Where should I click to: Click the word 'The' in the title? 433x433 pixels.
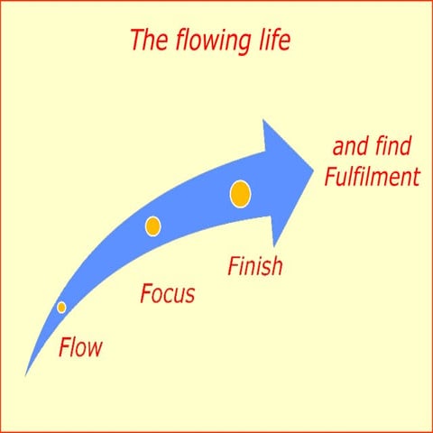coord(149,40)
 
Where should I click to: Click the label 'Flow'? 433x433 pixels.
coord(80,347)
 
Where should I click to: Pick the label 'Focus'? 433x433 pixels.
coord(168,293)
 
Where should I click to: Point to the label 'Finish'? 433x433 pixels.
coord(255,265)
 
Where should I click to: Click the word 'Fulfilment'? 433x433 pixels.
coord(373,176)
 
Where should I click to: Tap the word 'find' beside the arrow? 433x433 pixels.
coord(393,145)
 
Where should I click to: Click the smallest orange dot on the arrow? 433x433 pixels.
coord(61,308)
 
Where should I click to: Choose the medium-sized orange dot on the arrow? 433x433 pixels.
coord(153,226)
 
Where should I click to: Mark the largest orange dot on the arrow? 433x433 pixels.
coord(240,194)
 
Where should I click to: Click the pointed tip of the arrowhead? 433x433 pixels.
coord(314,170)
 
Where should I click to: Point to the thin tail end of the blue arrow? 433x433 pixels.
coord(25,375)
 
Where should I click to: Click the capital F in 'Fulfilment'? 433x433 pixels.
coord(331,176)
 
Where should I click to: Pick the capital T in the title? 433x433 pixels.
coord(137,40)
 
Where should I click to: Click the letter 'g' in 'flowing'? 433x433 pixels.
coord(244,45)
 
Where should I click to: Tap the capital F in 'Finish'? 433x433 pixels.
coord(234,265)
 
